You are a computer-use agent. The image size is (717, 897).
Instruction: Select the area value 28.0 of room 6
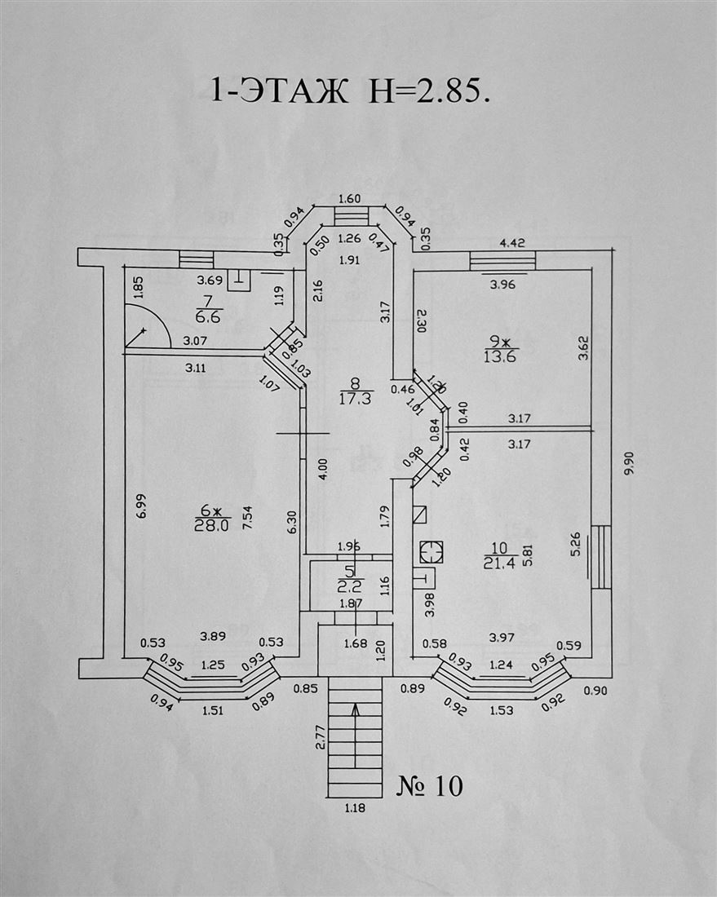pos(211,526)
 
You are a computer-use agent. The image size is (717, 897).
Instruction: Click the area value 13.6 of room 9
pos(501,356)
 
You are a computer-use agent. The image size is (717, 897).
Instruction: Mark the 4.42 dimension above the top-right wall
pos(511,241)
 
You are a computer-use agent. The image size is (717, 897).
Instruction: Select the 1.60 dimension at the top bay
pos(349,199)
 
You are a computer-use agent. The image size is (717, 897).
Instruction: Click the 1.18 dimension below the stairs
pos(354,809)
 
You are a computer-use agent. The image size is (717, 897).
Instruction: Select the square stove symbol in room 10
pos(430,552)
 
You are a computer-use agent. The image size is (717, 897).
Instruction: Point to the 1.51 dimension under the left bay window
pos(212,710)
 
